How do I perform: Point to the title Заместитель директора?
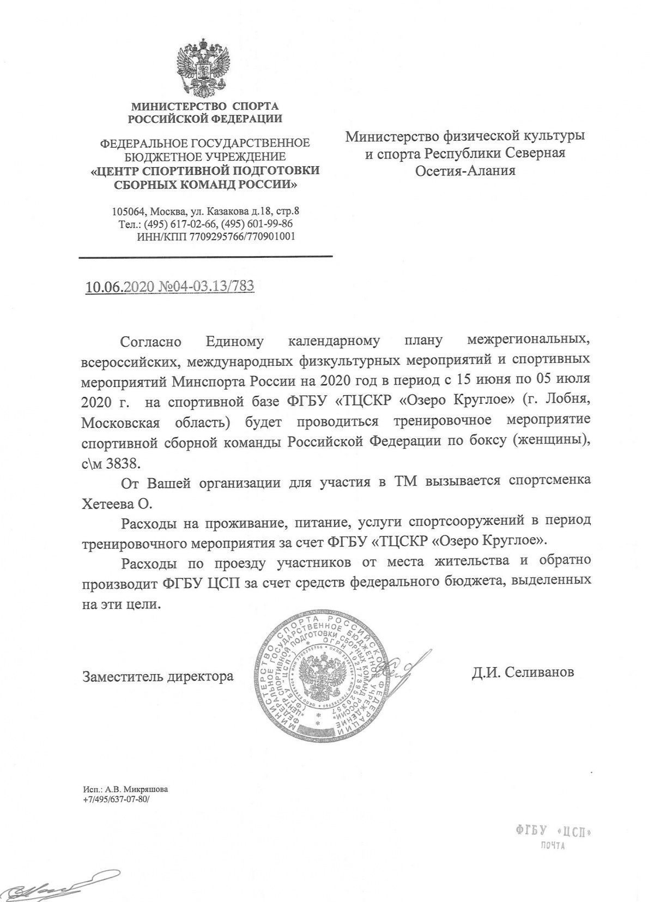(x=158, y=676)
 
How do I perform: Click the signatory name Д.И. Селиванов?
(x=523, y=672)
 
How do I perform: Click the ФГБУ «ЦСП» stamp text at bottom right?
(x=552, y=832)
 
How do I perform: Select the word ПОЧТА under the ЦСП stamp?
(x=552, y=846)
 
